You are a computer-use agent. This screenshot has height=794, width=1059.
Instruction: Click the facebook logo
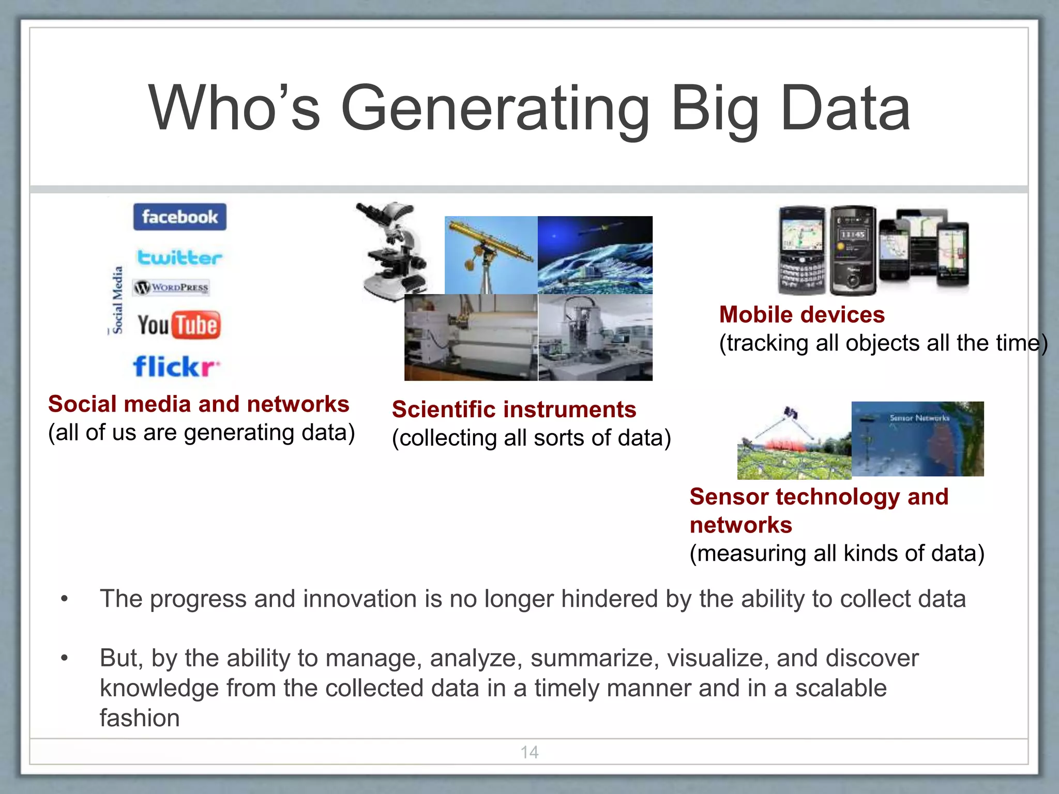[179, 217]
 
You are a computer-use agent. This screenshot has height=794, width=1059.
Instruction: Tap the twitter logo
[179, 257]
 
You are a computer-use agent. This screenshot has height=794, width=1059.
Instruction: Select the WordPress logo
[172, 287]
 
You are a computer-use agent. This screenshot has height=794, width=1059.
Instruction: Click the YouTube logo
[179, 325]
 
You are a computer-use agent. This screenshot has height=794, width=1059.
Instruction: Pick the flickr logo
[176, 367]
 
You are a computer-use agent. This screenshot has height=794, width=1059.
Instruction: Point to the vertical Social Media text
[118, 300]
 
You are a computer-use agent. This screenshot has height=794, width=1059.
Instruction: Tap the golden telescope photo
[490, 254]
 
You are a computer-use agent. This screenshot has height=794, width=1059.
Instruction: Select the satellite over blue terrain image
[595, 254]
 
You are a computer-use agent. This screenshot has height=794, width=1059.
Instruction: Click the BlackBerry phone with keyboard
[802, 250]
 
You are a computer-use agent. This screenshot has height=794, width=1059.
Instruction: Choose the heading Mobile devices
[801, 315]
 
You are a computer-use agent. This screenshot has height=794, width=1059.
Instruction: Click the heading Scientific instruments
[513, 409]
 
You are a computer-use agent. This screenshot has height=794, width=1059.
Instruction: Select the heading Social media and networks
[199, 404]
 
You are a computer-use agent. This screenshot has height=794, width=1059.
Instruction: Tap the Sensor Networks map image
[917, 438]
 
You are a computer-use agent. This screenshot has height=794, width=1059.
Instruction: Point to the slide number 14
[529, 752]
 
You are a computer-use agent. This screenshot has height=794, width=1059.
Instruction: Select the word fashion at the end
[140, 718]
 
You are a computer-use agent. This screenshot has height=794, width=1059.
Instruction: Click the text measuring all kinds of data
[837, 554]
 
